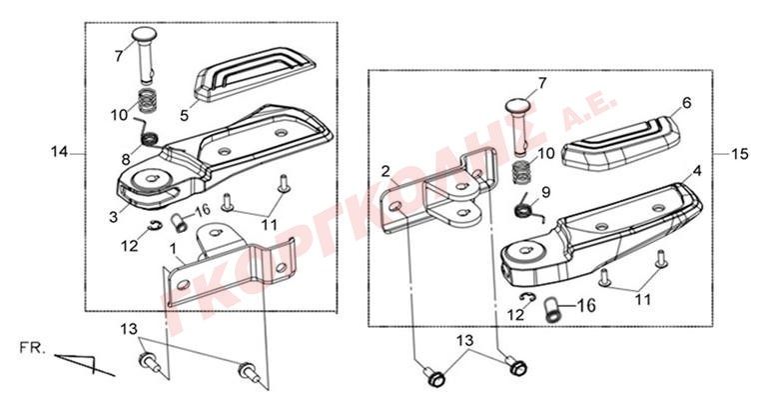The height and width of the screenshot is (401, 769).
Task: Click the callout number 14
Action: point(59,152)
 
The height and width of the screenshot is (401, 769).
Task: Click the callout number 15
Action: point(740,154)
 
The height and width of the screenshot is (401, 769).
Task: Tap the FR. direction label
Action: point(32,348)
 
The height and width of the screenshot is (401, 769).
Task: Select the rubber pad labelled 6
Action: point(621,140)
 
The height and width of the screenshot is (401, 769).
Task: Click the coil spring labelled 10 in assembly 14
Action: point(146,100)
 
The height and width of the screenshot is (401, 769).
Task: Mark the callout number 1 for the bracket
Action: point(173,249)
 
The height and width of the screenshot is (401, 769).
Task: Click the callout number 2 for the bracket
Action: point(385,171)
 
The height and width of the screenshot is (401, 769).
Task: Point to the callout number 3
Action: point(114,216)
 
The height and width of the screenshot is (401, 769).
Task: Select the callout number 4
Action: point(697,171)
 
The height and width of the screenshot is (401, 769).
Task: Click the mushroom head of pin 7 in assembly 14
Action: point(144,35)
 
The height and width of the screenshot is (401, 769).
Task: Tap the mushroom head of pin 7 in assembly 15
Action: point(518,106)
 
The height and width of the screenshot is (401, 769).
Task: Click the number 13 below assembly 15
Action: point(466,340)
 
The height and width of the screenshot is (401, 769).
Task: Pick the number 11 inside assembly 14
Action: point(270,224)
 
